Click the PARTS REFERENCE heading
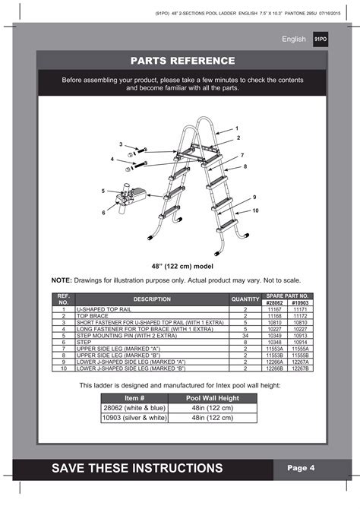(x=182, y=61)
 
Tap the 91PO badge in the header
(x=321, y=39)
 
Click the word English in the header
(x=294, y=39)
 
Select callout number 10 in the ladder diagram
(x=255, y=210)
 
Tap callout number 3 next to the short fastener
(x=120, y=144)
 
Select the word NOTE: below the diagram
(x=62, y=280)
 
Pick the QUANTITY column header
(x=245, y=299)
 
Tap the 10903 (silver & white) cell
(x=134, y=417)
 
